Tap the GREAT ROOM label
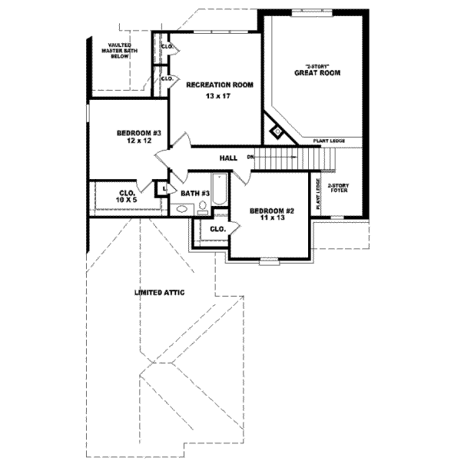(x=317, y=73)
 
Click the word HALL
(x=228, y=158)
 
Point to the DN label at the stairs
(x=250, y=158)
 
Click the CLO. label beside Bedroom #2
(x=217, y=228)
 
